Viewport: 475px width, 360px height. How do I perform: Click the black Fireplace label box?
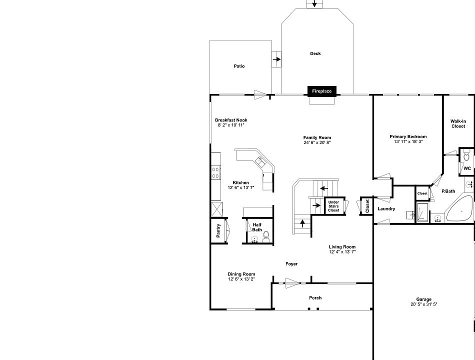pos(322,91)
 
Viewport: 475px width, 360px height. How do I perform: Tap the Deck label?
pos(315,53)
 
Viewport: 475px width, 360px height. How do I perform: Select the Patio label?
pos(239,66)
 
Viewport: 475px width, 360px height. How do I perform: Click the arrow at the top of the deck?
pos(314,4)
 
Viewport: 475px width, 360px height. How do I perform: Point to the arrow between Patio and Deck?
pos(276,59)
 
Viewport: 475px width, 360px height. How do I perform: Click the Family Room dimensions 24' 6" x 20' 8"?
pos(317,142)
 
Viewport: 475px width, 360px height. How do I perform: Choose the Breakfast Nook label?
pos(231,120)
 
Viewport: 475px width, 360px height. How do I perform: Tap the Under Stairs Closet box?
pos(333,206)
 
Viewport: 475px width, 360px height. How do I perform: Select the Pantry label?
pos(218,230)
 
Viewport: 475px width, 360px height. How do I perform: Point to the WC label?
pos(466,168)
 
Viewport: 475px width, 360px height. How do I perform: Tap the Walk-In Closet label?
pos(458,123)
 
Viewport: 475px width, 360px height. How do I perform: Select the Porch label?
pos(315,297)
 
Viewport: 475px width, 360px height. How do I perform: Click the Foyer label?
pos(291,263)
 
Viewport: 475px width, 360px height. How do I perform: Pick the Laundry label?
pos(386,208)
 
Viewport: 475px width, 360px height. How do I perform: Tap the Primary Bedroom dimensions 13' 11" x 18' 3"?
pos(408,141)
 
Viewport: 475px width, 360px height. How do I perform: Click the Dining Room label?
pos(241,274)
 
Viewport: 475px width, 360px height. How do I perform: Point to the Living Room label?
pos(342,246)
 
